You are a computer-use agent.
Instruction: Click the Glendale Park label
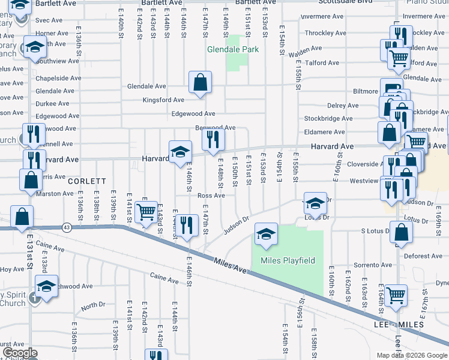(x=233, y=49)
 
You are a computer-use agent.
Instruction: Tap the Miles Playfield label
(x=288, y=260)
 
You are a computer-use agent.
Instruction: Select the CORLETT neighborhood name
(x=87, y=181)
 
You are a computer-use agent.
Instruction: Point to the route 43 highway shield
(x=66, y=226)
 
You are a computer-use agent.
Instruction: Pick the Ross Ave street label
(x=211, y=196)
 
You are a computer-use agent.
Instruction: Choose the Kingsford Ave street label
(x=163, y=100)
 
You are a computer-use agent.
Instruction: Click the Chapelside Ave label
(x=58, y=78)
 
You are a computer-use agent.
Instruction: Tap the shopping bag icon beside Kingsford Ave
(x=200, y=82)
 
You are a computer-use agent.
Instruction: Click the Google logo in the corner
(x=19, y=353)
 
